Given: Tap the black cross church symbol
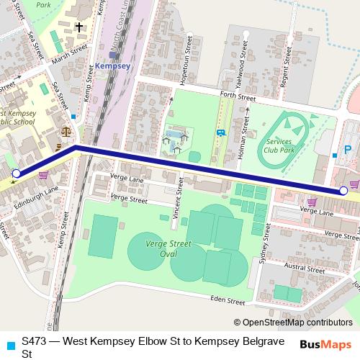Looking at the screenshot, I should [x=78, y=27].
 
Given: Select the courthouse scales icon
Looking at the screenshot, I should [x=67, y=132].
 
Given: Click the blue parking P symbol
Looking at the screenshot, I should [x=348, y=150].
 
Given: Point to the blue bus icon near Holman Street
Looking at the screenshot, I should [x=220, y=132].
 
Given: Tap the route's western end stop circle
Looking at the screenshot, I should [x=17, y=174].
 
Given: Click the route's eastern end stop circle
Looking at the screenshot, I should [x=343, y=191].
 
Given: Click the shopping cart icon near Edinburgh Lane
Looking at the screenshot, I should [x=43, y=175].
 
